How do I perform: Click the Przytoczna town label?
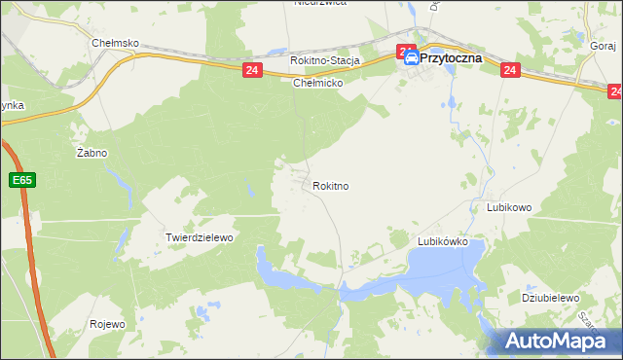point(458,57)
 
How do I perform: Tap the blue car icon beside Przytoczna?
point(412,58)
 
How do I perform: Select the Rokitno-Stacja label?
point(325,60)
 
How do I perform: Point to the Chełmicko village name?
point(318,83)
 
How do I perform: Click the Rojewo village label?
point(107,324)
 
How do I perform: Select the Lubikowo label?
point(508,207)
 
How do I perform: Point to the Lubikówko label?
point(443,240)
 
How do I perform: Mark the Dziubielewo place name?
point(550,298)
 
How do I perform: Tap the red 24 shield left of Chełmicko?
point(252,70)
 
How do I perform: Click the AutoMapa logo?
point(558,341)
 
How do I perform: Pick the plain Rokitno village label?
point(331,185)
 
